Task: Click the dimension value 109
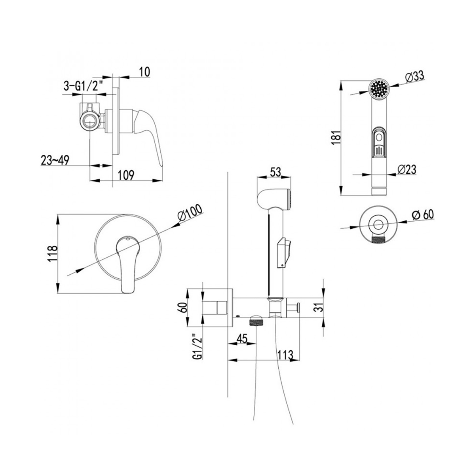tap(126, 175)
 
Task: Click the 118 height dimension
tap(53, 254)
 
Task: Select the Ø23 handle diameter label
tap(407, 169)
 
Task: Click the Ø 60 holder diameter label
tap(423, 215)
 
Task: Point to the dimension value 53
tap(275, 172)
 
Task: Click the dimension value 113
tap(285, 355)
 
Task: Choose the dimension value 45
tap(241, 339)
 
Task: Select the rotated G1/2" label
tap(198, 347)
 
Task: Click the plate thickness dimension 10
tap(144, 72)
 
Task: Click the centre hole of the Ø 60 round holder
tap(378, 224)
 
